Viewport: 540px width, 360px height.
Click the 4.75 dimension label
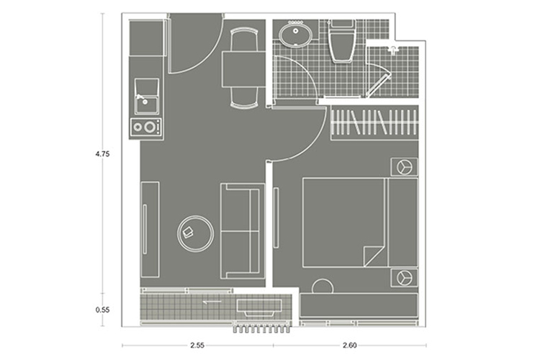tap(103, 154)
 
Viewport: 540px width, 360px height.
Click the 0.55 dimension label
tap(103, 310)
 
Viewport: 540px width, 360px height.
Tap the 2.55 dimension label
tap(197, 345)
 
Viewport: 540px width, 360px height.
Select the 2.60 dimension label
tap(350, 345)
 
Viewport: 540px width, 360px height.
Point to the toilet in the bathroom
tap(341, 40)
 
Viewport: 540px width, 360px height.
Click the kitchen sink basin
tap(147, 96)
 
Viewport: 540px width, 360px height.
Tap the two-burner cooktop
tap(146, 127)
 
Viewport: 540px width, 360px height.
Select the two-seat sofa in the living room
tap(243, 231)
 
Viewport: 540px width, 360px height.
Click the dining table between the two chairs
tap(243, 69)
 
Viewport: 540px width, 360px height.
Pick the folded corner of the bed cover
tap(373, 256)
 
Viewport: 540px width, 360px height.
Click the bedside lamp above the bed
tap(404, 167)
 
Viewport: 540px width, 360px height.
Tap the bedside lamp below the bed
tap(404, 278)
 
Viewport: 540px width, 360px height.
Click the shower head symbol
tap(393, 50)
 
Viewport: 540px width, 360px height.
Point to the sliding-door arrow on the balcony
tap(212, 302)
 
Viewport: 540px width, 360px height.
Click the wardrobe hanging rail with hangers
tap(374, 122)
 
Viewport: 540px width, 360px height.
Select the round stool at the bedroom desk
tap(323, 287)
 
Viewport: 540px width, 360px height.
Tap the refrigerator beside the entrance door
tap(146, 37)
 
